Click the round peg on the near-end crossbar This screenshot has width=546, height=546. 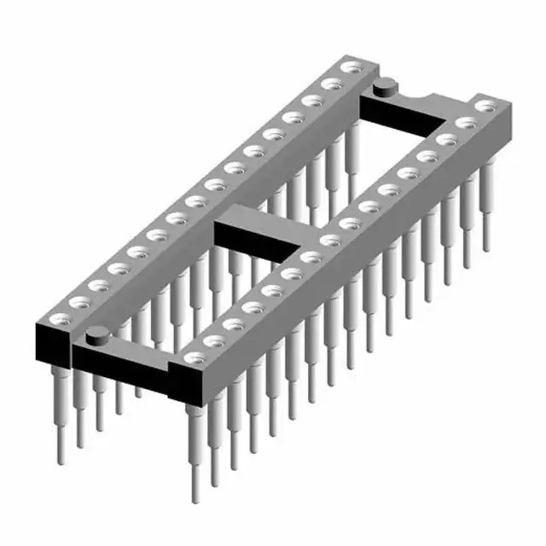[96, 334]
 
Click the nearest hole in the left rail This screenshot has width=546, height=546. [61, 317]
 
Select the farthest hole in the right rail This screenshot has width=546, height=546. [486, 106]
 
